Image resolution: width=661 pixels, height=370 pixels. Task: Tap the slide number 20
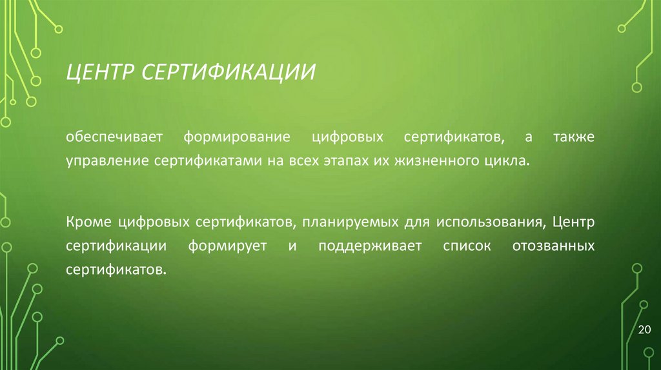pyautogui.click(x=644, y=330)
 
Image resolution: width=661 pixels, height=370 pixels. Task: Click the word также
pyautogui.click(x=574, y=138)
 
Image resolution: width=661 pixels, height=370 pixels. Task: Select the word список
pyautogui.click(x=466, y=246)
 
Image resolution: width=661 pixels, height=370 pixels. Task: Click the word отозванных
pyautogui.click(x=553, y=246)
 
